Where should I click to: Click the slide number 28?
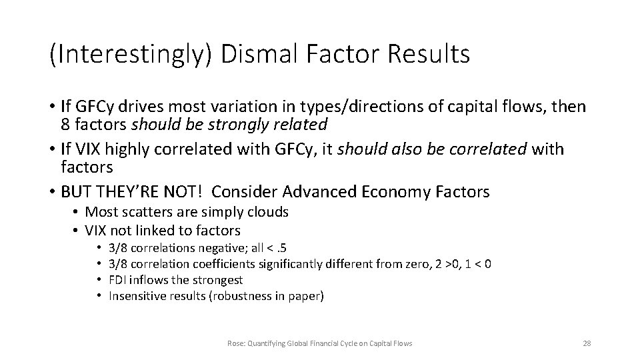pos(587,343)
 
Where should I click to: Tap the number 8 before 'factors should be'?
pos(65,124)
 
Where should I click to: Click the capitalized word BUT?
pos(75,192)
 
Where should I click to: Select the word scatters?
pos(142,212)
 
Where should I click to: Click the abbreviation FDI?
pos(117,280)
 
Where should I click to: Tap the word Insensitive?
pos(133,296)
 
